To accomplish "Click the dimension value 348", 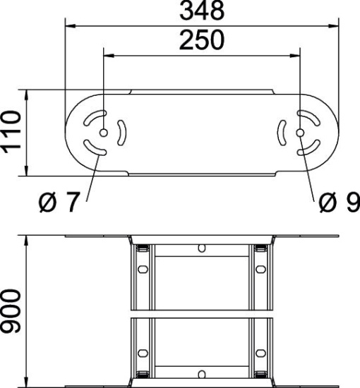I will click(x=201, y=11).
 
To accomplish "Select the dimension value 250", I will click(x=201, y=41).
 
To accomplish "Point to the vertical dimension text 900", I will click(x=12, y=311).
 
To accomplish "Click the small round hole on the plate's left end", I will click(x=104, y=133).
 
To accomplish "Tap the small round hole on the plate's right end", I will click(x=300, y=133).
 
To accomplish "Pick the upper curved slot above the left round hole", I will click(x=95, y=118).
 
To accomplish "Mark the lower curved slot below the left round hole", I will click(x=95, y=148).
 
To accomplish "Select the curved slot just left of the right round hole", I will click(x=282, y=133).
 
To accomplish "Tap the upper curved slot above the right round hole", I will click(x=308, y=118).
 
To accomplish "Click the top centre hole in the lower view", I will click(x=202, y=248).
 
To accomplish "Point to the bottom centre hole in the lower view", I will click(x=202, y=372).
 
